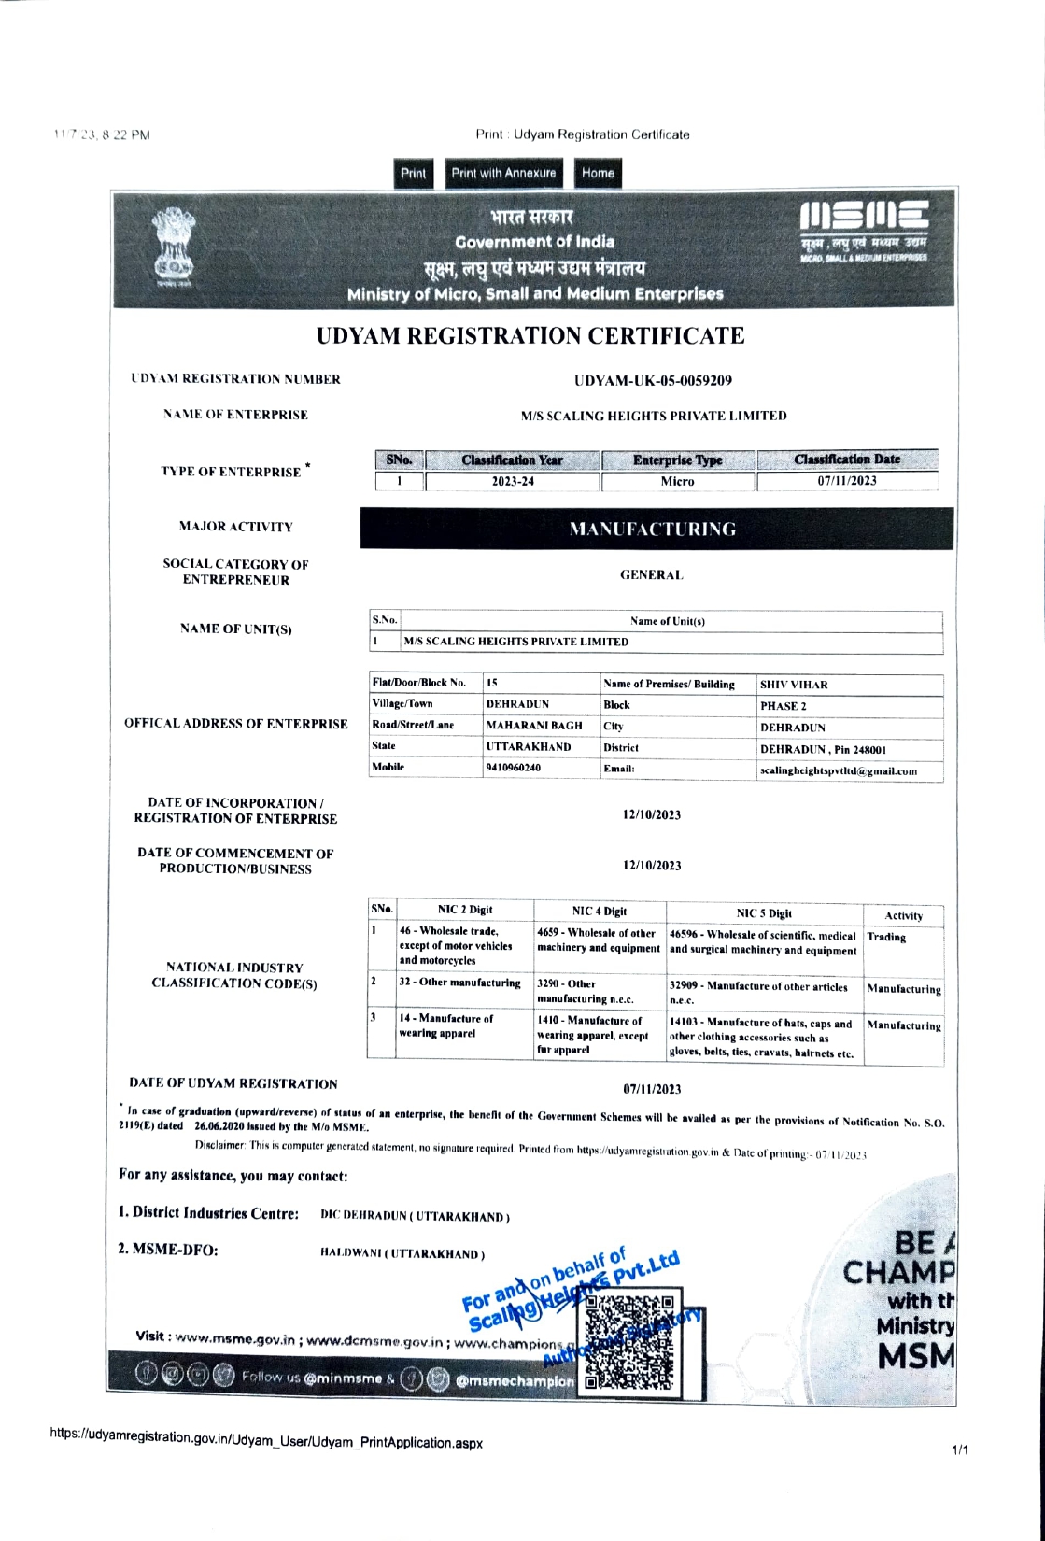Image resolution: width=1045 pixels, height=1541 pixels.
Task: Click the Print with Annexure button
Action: (x=503, y=174)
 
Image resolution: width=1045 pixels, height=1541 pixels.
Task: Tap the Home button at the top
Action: (x=598, y=174)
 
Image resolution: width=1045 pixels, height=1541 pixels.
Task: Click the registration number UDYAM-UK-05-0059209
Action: (x=653, y=381)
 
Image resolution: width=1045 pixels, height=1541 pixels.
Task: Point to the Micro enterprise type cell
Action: (x=677, y=482)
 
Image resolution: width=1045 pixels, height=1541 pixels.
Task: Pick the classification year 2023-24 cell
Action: (x=513, y=482)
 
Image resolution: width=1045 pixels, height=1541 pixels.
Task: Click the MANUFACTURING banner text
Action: (x=653, y=530)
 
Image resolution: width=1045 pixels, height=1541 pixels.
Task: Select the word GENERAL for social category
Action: (x=651, y=575)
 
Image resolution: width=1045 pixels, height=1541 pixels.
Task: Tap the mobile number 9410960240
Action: (x=514, y=768)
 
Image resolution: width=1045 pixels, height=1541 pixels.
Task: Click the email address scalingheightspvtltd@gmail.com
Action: (x=838, y=771)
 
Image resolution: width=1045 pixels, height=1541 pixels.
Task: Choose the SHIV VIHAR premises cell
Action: (x=794, y=685)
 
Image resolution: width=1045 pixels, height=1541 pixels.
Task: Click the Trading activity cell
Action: (x=886, y=938)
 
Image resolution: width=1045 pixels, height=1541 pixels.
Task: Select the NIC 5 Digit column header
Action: (x=763, y=913)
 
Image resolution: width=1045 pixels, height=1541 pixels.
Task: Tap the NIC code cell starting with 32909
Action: (x=758, y=993)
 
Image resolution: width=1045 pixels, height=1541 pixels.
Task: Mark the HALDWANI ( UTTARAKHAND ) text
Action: (x=402, y=1254)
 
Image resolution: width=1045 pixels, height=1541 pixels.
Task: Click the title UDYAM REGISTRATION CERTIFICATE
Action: (x=530, y=336)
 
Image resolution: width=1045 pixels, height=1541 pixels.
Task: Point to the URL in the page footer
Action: (x=266, y=1441)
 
